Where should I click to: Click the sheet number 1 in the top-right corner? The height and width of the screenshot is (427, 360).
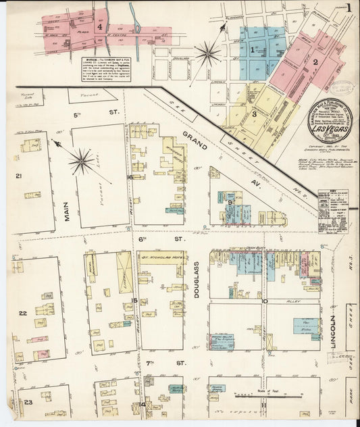click(349, 8)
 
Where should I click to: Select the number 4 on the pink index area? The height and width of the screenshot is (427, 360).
click(101, 28)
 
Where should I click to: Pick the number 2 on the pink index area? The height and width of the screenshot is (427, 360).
click(315, 62)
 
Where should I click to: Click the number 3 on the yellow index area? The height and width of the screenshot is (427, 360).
click(254, 114)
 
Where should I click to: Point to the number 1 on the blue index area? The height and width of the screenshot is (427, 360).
click(253, 49)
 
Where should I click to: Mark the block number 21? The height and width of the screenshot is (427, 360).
click(19, 176)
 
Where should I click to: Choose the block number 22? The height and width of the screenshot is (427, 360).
click(22, 313)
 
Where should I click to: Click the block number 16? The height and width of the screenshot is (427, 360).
click(129, 177)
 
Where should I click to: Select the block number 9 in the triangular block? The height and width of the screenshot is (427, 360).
click(230, 202)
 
